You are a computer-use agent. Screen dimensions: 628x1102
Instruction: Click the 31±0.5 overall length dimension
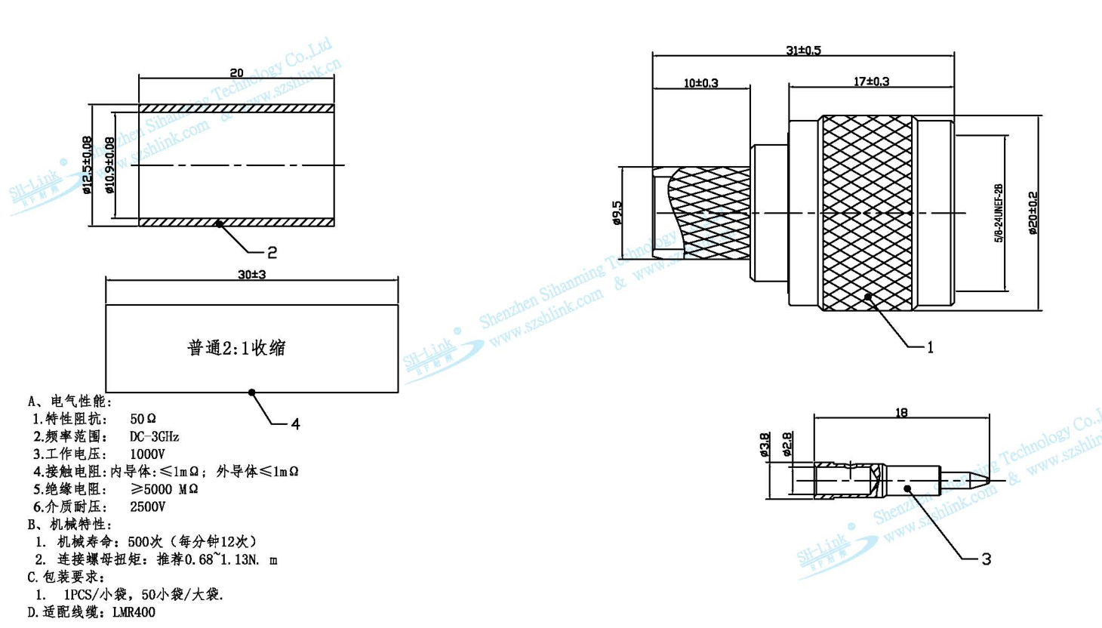pos(802,51)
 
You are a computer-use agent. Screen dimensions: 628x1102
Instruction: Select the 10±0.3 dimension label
pos(700,83)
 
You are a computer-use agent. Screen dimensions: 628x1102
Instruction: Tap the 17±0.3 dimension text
pos(871,82)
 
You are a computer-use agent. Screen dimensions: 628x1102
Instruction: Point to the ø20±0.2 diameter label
pos(1033,213)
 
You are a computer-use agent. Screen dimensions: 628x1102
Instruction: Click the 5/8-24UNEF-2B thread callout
pos(999,213)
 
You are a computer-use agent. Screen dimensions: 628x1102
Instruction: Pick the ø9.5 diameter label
pos(617,213)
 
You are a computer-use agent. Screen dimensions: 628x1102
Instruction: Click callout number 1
pos(930,347)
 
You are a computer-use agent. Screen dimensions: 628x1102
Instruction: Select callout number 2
pos(272,253)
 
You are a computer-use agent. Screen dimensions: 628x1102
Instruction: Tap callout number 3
pos(986,559)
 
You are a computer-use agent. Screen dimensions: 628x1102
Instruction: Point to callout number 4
pos(295,424)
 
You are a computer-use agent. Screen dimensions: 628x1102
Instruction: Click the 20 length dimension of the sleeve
pos(236,73)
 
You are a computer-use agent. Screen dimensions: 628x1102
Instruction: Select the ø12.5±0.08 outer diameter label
pos(87,165)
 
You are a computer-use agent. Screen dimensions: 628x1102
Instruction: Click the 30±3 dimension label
pos(251,275)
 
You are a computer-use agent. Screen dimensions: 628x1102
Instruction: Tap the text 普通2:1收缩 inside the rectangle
pos(236,348)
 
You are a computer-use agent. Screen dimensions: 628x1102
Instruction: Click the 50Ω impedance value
pos(143,419)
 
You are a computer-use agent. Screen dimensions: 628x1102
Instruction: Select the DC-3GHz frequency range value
pos(154,436)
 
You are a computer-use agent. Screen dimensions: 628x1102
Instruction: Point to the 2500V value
pos(147,506)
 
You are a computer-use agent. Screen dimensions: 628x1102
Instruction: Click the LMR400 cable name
pos(134,612)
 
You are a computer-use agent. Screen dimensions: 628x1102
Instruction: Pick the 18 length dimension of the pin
pos(901,413)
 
